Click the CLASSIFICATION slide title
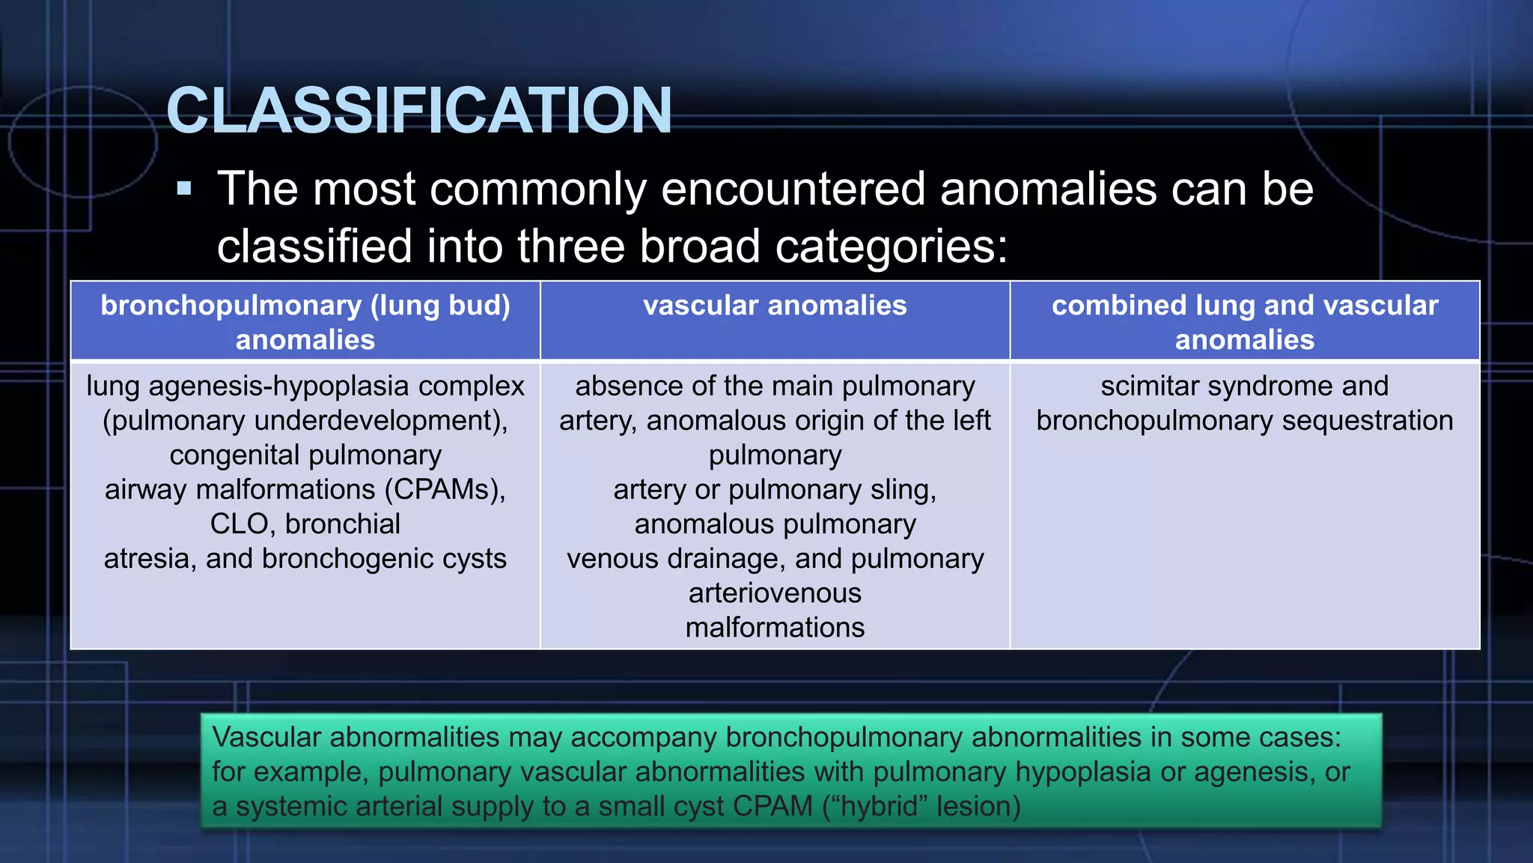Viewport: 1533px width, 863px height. coord(419,111)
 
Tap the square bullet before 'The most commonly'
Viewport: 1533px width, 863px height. coord(184,188)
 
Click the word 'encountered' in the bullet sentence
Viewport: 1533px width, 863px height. coord(793,188)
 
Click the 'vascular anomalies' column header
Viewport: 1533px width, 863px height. coord(775,306)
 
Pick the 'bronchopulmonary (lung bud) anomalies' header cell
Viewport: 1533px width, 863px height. coord(305,322)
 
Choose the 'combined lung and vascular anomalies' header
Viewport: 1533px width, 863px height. coord(1244,322)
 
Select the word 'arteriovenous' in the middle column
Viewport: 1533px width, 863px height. coord(775,593)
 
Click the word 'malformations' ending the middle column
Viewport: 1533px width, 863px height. coord(775,628)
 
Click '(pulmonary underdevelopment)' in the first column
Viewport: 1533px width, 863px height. coord(305,421)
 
